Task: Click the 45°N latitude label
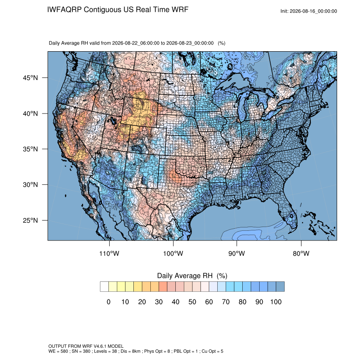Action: coord(30,78)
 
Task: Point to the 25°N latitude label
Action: coord(30,220)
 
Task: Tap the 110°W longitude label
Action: coord(109,253)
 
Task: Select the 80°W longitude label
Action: coord(301,253)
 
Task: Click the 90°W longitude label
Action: coord(236,253)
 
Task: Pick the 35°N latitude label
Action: coord(30,149)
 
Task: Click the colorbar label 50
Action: coord(192,302)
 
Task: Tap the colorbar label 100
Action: coord(276,302)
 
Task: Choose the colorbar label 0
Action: coord(108,302)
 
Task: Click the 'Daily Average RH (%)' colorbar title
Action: coord(192,276)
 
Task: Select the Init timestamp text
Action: coord(309,11)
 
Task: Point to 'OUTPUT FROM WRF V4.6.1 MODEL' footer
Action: coord(86,346)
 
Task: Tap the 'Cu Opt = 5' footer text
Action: coord(212,351)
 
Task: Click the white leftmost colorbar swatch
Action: coord(104,287)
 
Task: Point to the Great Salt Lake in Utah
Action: coord(113,120)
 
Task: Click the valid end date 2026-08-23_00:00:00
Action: coord(190,43)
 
